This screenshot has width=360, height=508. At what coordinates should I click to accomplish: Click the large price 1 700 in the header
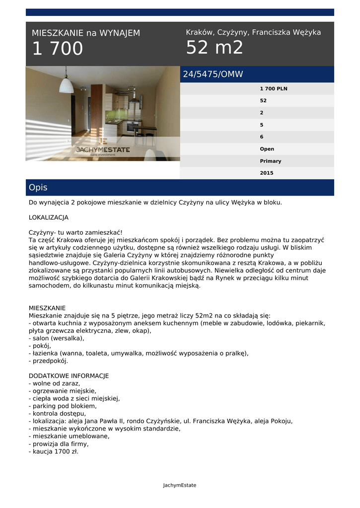tap(58, 49)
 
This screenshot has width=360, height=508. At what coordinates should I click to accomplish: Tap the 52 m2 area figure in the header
tap(215, 48)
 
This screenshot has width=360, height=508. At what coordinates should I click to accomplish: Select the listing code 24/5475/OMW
tap(213, 74)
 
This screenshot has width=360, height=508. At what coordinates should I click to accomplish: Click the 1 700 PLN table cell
tap(274, 89)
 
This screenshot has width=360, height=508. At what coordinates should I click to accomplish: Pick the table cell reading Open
tap(267, 149)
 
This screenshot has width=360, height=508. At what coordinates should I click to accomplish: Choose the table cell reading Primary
tap(271, 161)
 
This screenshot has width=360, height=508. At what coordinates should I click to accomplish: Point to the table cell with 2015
tap(267, 173)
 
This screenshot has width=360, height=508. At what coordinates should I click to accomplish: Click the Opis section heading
tap(38, 188)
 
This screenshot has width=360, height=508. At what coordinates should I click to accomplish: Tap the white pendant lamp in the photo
tap(66, 85)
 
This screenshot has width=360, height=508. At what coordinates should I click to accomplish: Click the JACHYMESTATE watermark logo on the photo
tap(103, 149)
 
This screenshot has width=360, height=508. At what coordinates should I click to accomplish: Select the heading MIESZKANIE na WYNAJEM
tap(86, 33)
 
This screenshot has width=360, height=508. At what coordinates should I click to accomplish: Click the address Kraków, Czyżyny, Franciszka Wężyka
tap(253, 32)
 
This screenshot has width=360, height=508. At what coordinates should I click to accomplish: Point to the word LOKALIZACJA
tap(49, 217)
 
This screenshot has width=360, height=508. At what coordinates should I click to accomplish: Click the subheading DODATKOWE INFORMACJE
tap(69, 376)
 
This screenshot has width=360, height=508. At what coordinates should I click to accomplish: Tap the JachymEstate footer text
tap(180, 485)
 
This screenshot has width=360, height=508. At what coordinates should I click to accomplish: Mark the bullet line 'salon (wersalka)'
tap(57, 338)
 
